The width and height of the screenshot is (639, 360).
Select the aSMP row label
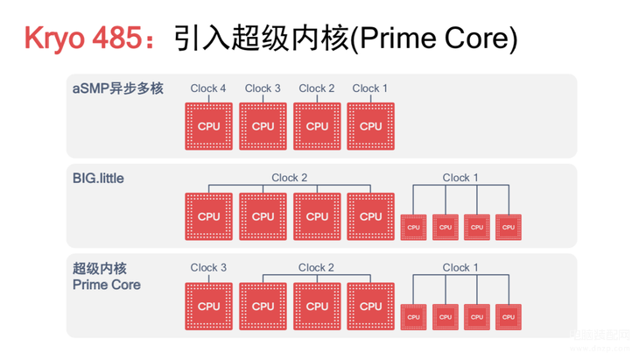(117, 88)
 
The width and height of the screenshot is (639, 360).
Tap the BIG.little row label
(98, 179)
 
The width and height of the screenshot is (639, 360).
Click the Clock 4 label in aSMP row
(208, 88)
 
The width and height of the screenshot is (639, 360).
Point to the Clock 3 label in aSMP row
(263, 88)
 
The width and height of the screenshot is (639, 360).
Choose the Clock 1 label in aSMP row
(370, 88)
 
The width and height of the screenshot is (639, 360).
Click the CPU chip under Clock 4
(209, 126)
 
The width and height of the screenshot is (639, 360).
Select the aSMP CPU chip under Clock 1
(371, 126)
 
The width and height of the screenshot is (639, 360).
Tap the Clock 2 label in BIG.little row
(290, 178)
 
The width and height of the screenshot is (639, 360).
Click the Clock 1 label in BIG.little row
(460, 178)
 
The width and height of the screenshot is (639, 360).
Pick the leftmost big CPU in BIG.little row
(209, 216)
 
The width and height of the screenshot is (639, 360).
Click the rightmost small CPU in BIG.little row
(508, 227)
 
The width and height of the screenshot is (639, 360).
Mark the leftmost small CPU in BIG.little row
(413, 227)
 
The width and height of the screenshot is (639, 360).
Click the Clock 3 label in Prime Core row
(208, 268)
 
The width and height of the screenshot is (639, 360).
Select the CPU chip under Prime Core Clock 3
(209, 306)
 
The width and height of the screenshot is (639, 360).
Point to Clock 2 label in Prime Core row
(317, 268)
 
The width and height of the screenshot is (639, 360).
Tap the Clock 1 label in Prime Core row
(460, 268)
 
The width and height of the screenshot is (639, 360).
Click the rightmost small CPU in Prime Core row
(508, 316)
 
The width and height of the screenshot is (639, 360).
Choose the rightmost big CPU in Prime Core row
(371, 306)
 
